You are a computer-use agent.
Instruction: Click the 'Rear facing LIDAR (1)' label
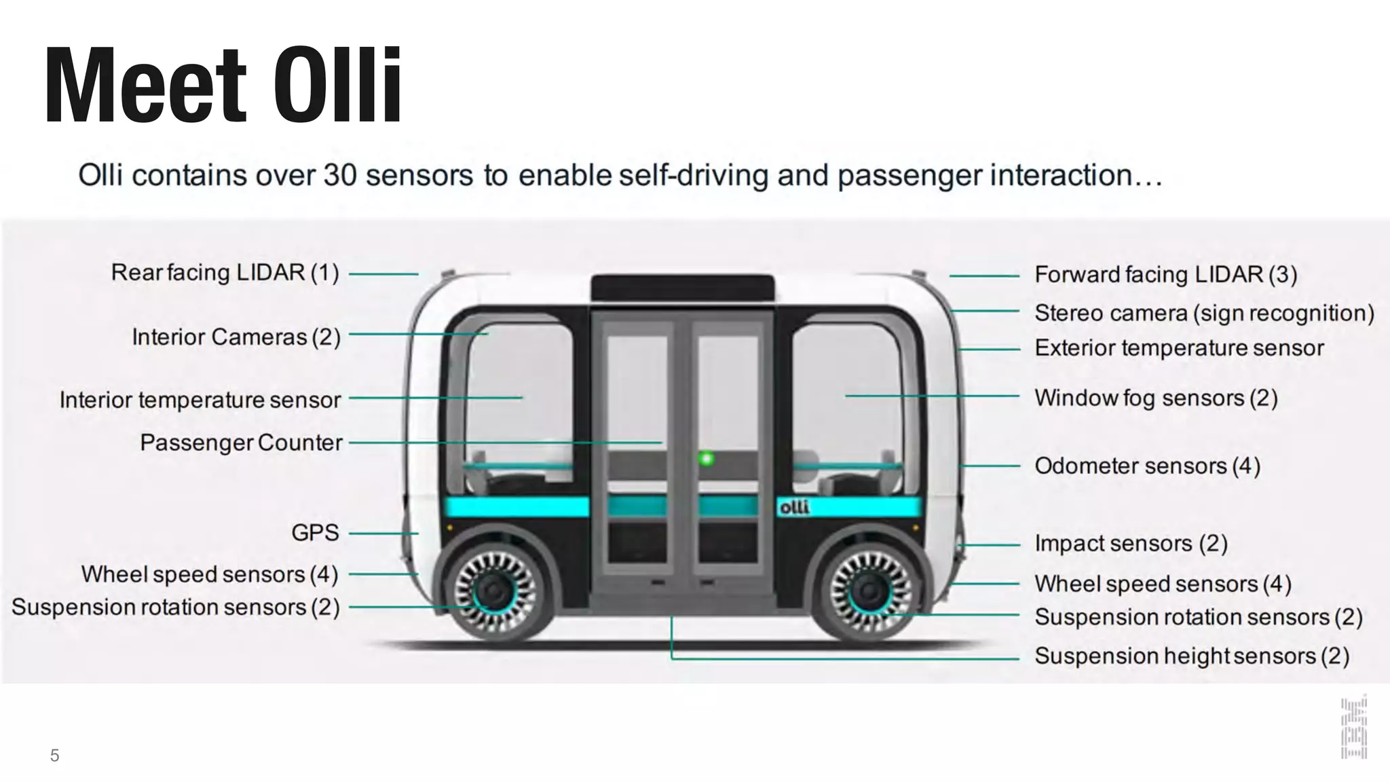225,273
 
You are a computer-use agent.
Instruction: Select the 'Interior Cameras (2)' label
236,337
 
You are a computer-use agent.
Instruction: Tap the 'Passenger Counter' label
241,443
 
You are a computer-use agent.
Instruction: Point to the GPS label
315,533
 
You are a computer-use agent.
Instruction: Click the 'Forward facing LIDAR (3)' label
1165,274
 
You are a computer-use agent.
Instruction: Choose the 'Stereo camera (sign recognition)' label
1204,313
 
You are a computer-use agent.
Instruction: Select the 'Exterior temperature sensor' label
1179,348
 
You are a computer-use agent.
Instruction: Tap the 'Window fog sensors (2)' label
1156,398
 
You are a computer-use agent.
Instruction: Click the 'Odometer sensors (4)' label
1147,466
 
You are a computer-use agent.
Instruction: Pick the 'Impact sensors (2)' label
1131,544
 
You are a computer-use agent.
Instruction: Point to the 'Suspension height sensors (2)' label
1192,656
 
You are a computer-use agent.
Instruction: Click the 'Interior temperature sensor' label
200,400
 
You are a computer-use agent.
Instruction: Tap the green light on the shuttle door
707,459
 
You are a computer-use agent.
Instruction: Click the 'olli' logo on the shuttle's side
794,507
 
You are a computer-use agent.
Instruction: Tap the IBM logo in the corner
1353,728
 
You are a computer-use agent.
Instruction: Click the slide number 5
55,756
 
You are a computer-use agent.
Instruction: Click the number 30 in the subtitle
340,175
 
